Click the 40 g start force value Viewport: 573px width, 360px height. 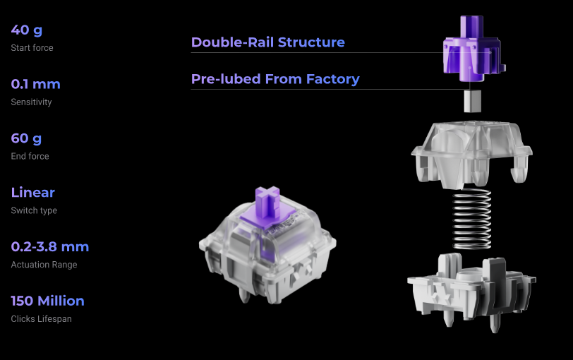pos(27,30)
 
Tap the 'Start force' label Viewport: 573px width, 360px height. pos(32,48)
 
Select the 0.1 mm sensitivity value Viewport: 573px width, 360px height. pos(36,84)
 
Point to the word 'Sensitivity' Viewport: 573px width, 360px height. pos(32,102)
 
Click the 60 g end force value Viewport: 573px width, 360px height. pos(26,138)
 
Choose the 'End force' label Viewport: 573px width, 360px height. pos(30,156)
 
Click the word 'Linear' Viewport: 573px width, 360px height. pos(33,192)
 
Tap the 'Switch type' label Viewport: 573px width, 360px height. pos(34,210)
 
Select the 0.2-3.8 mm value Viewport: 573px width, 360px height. pos(50,246)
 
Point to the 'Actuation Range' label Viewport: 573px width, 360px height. pos(44,265)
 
